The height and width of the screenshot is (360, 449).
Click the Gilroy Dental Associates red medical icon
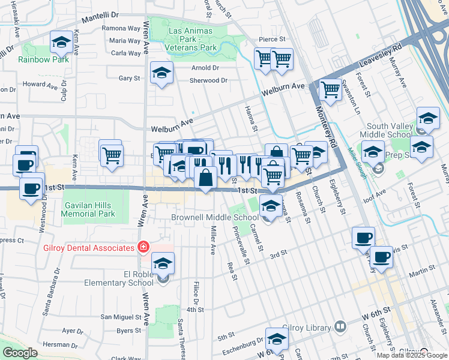click(143, 247)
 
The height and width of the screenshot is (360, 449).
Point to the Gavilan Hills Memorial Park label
click(88, 209)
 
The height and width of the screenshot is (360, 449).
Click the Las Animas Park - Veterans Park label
click(192, 35)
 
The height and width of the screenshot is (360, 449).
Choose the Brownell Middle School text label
click(214, 217)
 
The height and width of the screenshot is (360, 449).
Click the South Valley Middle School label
click(390, 130)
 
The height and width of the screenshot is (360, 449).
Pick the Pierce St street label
click(271, 39)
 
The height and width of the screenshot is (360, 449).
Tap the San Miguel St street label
click(119, 316)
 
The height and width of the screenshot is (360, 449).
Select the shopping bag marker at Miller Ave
click(205, 179)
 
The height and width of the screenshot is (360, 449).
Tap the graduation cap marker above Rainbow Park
click(61, 43)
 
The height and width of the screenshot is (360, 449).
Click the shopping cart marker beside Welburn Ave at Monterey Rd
click(330, 91)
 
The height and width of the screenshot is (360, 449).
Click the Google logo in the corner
click(19, 353)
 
